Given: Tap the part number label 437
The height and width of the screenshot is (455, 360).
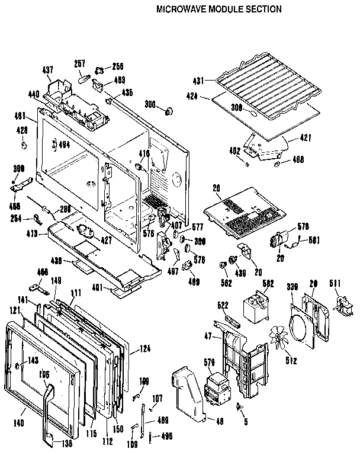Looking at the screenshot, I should pos(48,70).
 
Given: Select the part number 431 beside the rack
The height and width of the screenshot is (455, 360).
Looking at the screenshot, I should pos(199,80).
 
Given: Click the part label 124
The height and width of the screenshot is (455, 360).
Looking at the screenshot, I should pos(146,349).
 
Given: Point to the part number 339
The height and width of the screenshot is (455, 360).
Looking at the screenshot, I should pos(291,287).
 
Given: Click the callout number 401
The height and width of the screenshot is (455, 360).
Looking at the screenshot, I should pos(98,288).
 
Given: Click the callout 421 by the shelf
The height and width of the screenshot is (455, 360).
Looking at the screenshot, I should pos(306,137).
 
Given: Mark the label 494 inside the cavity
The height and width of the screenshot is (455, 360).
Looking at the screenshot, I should pos(63,143).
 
